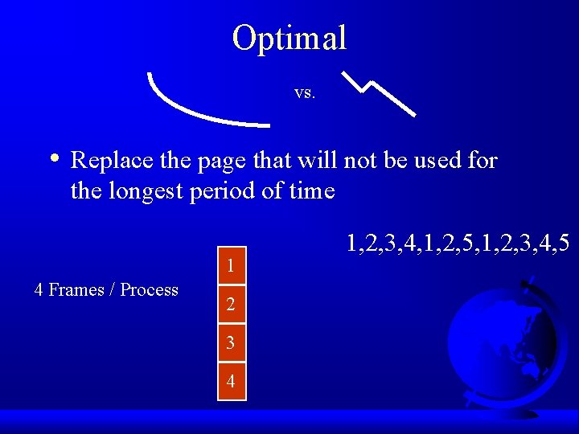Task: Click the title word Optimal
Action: [x=289, y=38]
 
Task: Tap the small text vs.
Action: [x=305, y=93]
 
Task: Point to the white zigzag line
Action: [x=379, y=91]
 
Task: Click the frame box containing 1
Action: [x=231, y=266]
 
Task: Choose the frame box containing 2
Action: [x=231, y=305]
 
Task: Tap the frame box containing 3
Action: [x=231, y=343]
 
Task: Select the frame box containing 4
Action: [x=231, y=382]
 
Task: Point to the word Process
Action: [x=149, y=290]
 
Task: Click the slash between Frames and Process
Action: [x=113, y=290]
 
